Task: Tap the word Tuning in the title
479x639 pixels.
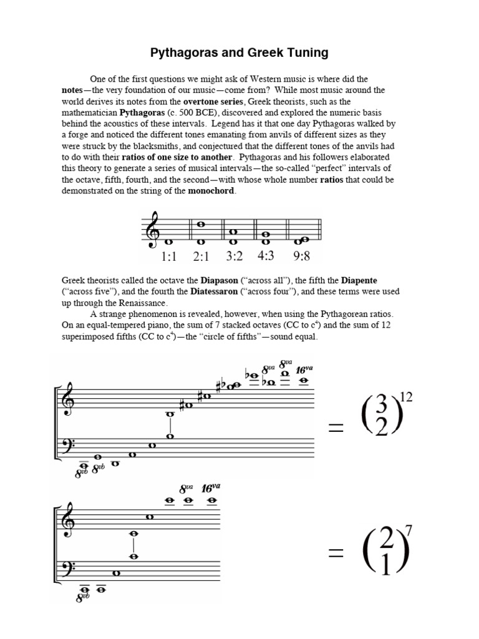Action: (x=305, y=53)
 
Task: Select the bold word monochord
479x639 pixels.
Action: (x=212, y=191)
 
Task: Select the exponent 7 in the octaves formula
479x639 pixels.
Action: (x=409, y=532)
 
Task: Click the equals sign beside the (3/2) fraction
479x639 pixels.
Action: (x=335, y=427)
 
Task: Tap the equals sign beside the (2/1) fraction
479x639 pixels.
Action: (x=335, y=551)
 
